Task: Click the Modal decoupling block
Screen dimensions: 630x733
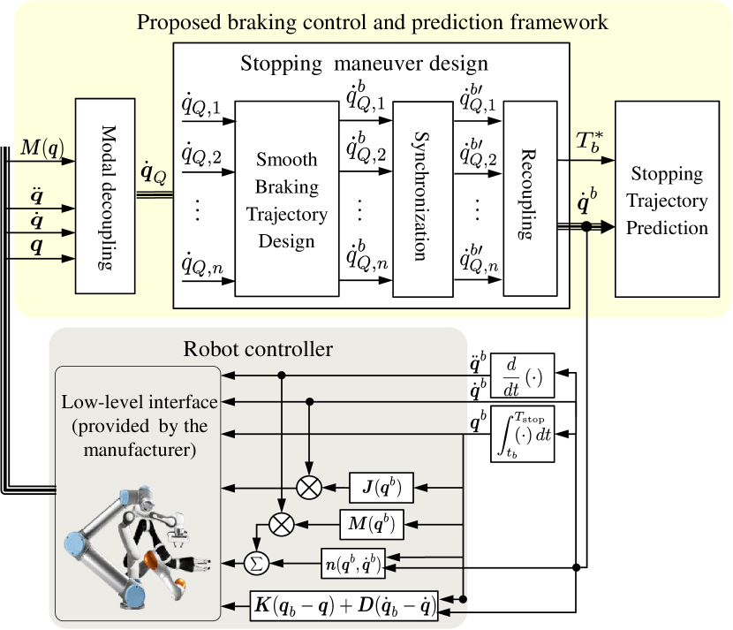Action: pyautogui.click(x=102, y=195)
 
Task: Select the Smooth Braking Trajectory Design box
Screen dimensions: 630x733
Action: pyautogui.click(x=287, y=199)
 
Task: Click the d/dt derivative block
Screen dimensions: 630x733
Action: pyautogui.click(x=523, y=378)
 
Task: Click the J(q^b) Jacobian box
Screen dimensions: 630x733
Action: pyautogui.click(x=389, y=487)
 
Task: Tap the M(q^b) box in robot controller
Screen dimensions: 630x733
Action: pyautogui.click(x=371, y=524)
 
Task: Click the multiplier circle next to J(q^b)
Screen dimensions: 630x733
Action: pyautogui.click(x=310, y=487)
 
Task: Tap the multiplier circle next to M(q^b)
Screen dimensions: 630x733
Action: pyautogui.click(x=281, y=524)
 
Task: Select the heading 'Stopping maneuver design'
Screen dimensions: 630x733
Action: pyautogui.click(x=364, y=65)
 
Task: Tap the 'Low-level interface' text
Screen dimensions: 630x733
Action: pyautogui.click(x=140, y=402)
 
